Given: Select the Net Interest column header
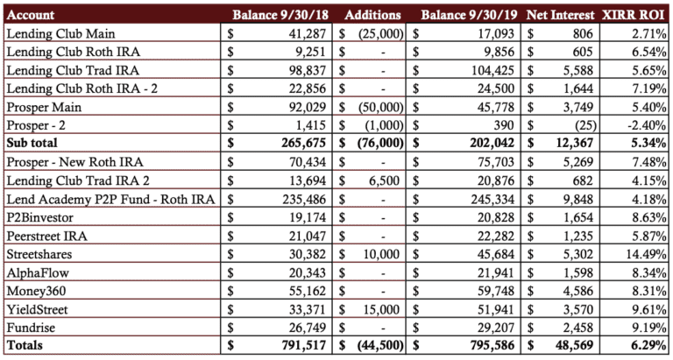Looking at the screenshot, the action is (x=561, y=15).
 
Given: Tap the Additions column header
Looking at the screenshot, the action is (x=372, y=15).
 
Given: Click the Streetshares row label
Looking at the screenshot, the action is (x=39, y=254).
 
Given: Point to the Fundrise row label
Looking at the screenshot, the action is (x=31, y=328).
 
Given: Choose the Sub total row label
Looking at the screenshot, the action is (x=32, y=143).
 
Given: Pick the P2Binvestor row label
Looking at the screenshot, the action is (x=40, y=217).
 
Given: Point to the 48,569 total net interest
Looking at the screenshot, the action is (x=572, y=345).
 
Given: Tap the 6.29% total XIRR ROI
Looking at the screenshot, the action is (x=649, y=345).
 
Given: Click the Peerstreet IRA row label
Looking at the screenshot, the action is (x=46, y=236).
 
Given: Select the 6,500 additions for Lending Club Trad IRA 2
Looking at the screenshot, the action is (x=386, y=180).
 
